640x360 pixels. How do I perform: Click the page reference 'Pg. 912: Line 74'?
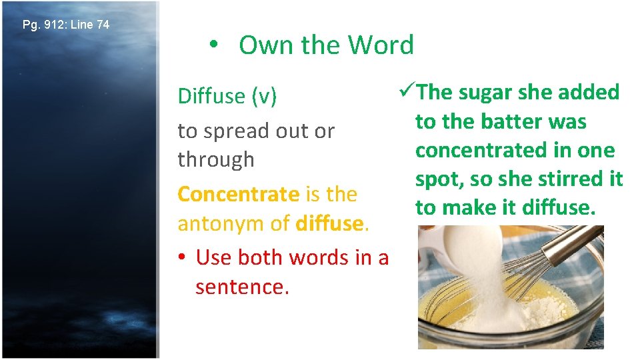(66, 25)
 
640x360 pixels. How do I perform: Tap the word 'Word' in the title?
(381, 45)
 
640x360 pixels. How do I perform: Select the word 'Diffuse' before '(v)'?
(211, 96)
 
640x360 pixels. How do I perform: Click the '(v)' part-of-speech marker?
(264, 96)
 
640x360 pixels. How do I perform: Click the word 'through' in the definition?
(216, 160)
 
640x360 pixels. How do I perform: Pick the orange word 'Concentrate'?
(238, 194)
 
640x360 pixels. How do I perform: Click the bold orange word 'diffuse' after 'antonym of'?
(329, 223)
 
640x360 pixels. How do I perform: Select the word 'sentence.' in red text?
(243, 287)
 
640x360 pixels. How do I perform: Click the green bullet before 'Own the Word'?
(212, 45)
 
